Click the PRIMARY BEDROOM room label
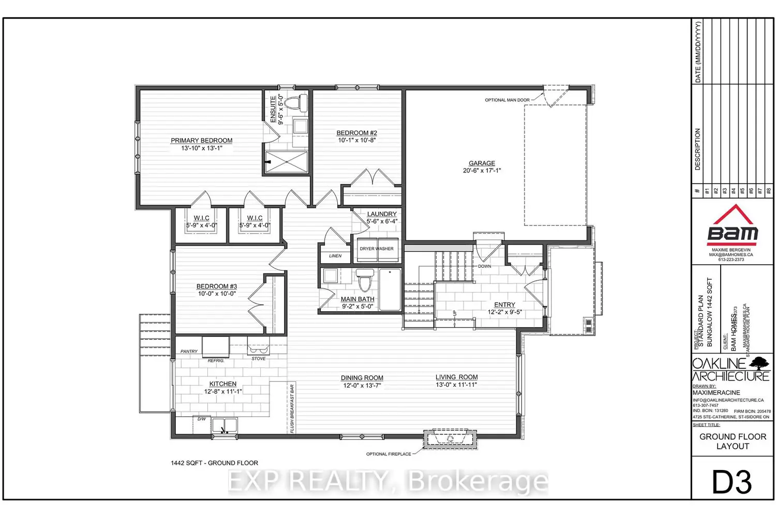point(201,141)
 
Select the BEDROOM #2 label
point(357,133)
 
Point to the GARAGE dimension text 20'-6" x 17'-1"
point(482,171)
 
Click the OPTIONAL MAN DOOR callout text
point(507,100)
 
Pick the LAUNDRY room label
point(382,214)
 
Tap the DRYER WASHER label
point(377,249)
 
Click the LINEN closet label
point(335,256)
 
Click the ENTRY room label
point(504,305)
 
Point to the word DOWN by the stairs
point(485,267)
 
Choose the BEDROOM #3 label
point(217,286)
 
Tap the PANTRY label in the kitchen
point(189,352)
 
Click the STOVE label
point(259,359)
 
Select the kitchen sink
point(224,426)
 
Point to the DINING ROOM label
point(362,378)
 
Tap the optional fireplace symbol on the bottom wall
point(450,439)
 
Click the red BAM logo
point(733,226)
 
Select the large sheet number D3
point(732,482)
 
